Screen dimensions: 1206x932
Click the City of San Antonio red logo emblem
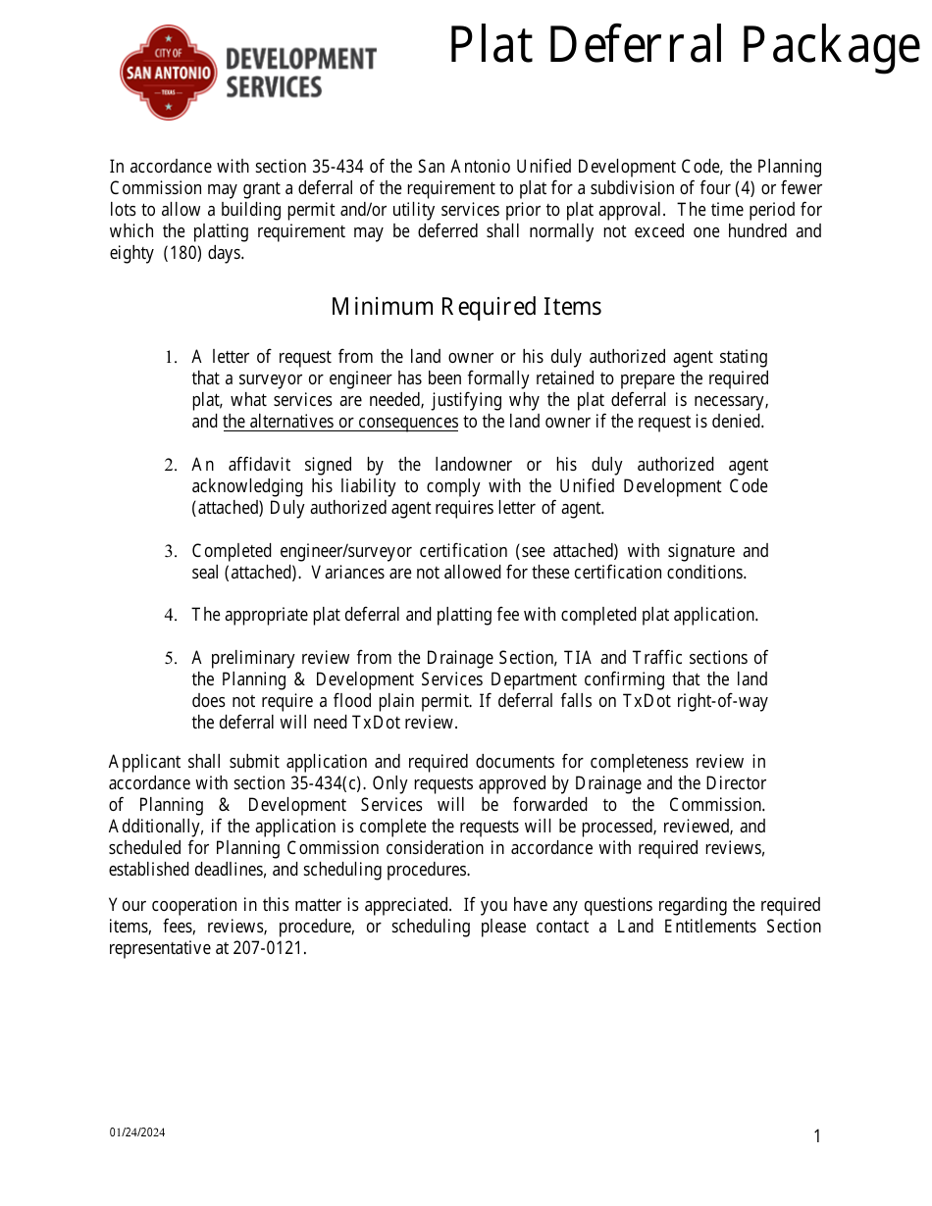pos(168,73)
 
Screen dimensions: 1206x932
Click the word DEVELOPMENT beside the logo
pos(300,59)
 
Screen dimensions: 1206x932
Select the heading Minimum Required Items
pos(466,307)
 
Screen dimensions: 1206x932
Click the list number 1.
pos(170,358)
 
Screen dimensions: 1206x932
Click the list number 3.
pos(170,552)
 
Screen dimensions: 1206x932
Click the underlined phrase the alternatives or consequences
pos(340,422)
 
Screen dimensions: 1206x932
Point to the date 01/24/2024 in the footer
pos(137,1132)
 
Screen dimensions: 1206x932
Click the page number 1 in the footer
pos(817,1137)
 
